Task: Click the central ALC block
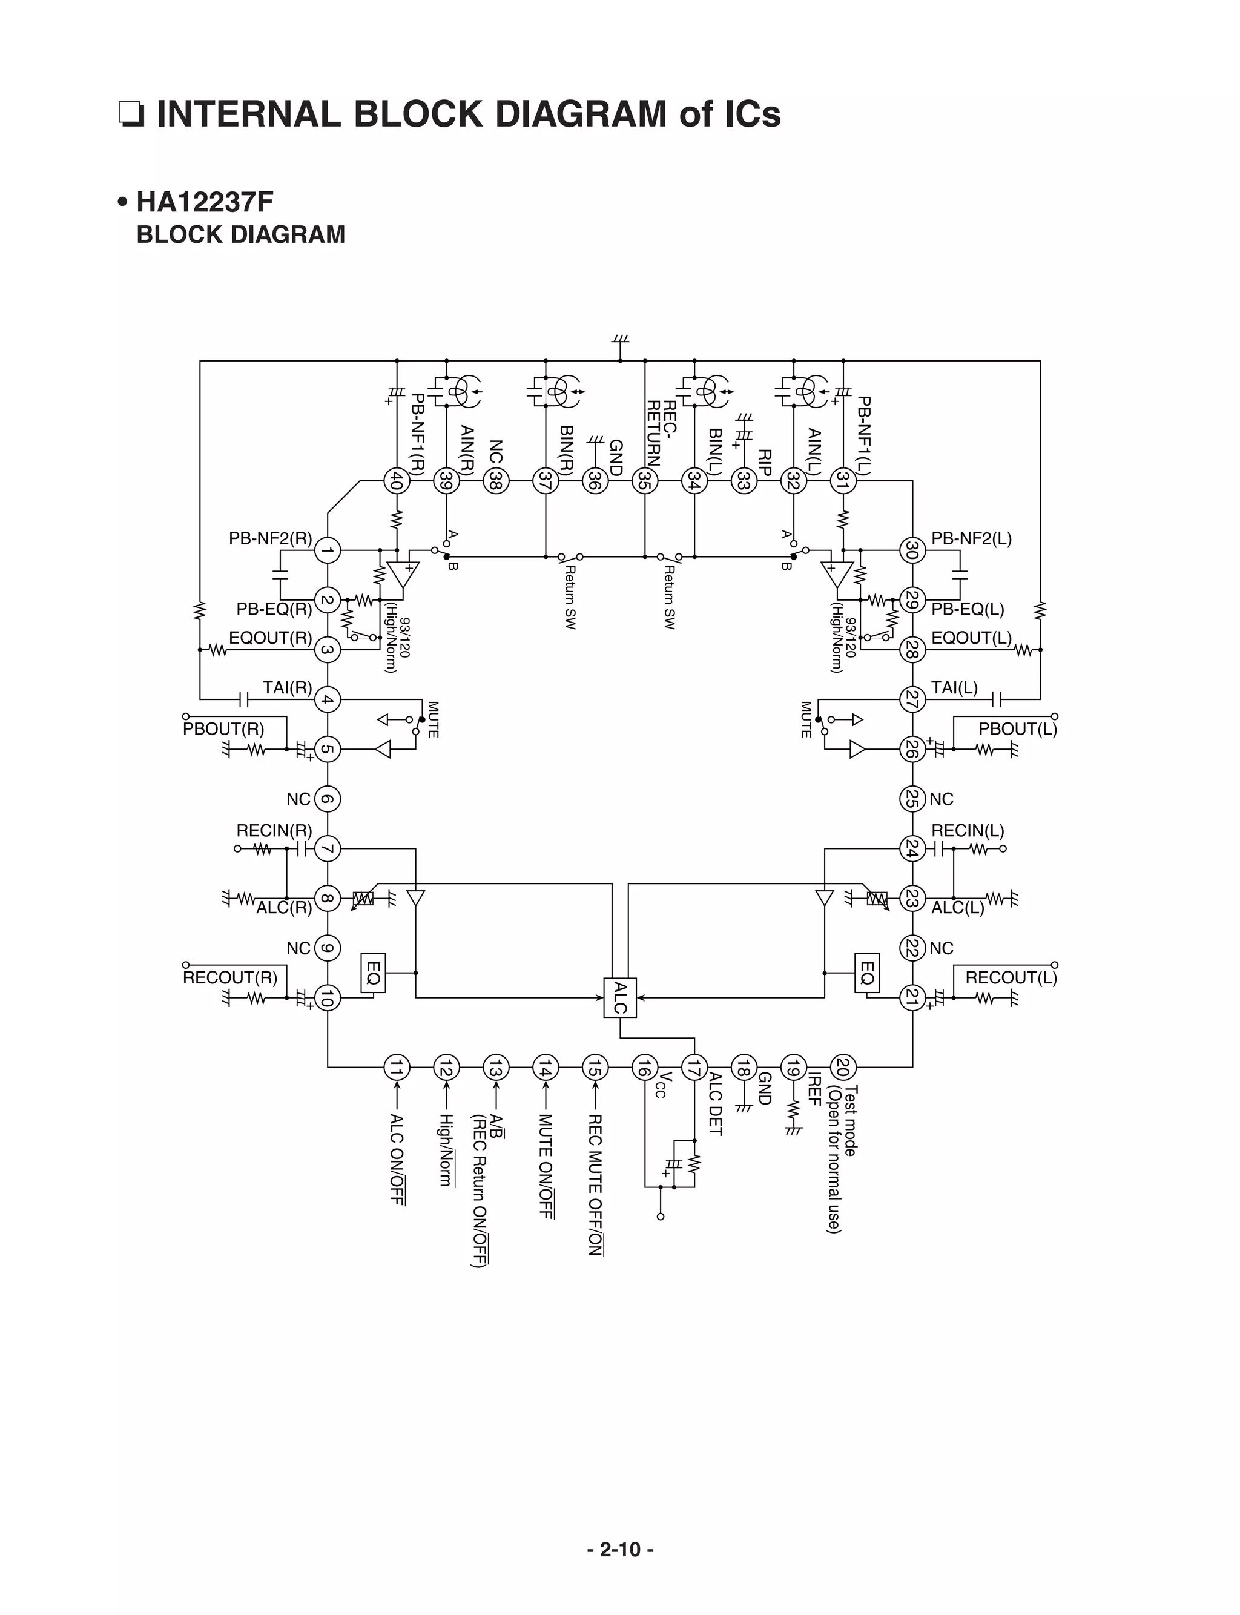click(x=620, y=998)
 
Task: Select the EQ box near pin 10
click(x=373, y=973)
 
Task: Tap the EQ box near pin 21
click(x=867, y=973)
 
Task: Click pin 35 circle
click(x=645, y=481)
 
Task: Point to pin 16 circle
click(x=645, y=1068)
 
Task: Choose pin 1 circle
click(x=328, y=550)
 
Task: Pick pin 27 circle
click(x=912, y=698)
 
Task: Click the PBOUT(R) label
click(x=223, y=729)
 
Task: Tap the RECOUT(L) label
click(x=1011, y=978)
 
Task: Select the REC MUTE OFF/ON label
click(x=595, y=1184)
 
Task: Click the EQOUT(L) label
click(x=971, y=638)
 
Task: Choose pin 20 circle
click(x=843, y=1068)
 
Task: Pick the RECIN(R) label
click(x=274, y=830)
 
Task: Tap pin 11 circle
click(x=397, y=1068)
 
